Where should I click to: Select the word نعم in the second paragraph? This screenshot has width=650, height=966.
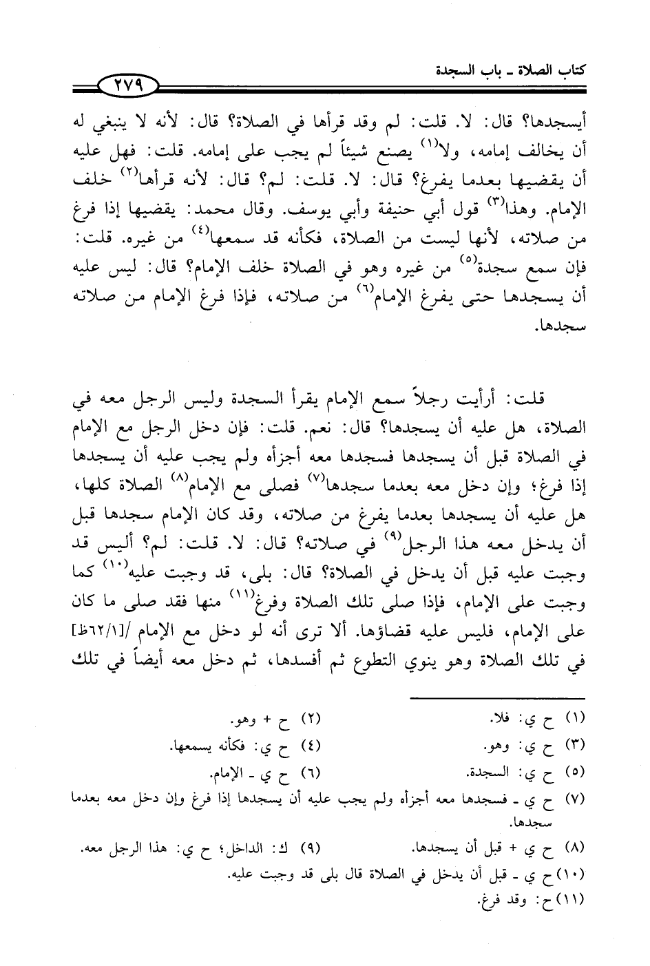(x=333, y=428)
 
